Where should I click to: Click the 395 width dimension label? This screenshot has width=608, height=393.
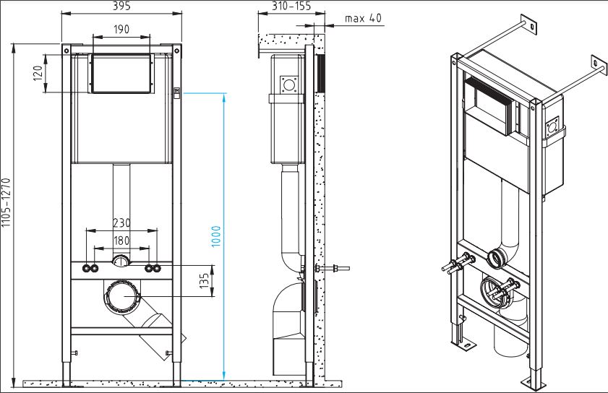(121, 7)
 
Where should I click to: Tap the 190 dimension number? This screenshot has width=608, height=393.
(121, 29)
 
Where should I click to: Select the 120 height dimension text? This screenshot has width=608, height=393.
(38, 73)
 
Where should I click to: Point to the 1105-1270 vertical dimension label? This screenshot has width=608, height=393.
(7, 204)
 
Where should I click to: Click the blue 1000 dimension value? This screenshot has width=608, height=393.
(216, 236)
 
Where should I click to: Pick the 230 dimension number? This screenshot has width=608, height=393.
(121, 223)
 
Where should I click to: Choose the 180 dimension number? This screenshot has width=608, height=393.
(121, 241)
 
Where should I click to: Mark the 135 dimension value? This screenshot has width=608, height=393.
(205, 277)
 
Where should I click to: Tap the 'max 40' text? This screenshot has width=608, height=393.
(363, 17)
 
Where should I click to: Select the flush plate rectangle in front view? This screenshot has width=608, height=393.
(121, 74)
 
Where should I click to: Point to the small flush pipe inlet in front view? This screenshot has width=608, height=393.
(121, 262)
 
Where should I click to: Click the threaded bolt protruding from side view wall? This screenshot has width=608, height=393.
(338, 270)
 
